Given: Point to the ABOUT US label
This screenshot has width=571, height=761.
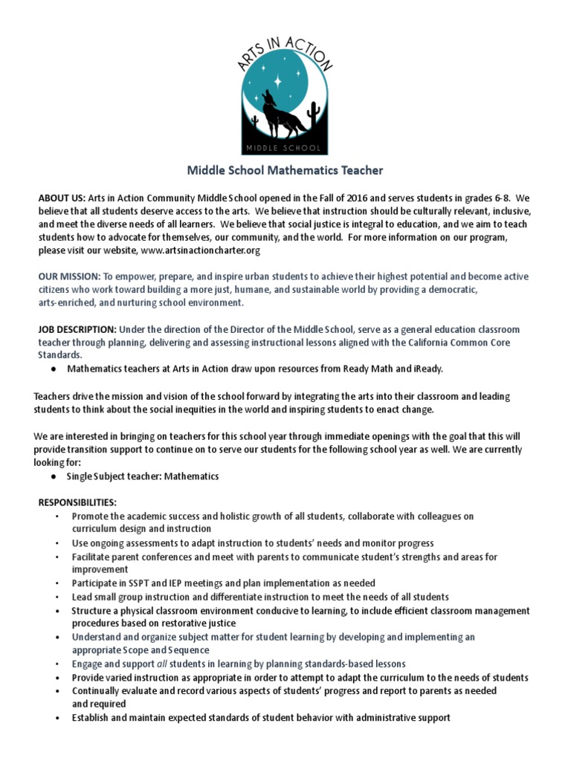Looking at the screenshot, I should pos(62,200).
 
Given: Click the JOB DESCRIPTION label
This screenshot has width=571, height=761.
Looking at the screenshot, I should pos(77,329).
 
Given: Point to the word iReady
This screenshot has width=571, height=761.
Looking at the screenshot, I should pos(428,369).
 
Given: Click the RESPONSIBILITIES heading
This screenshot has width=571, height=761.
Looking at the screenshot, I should pos(77,502).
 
